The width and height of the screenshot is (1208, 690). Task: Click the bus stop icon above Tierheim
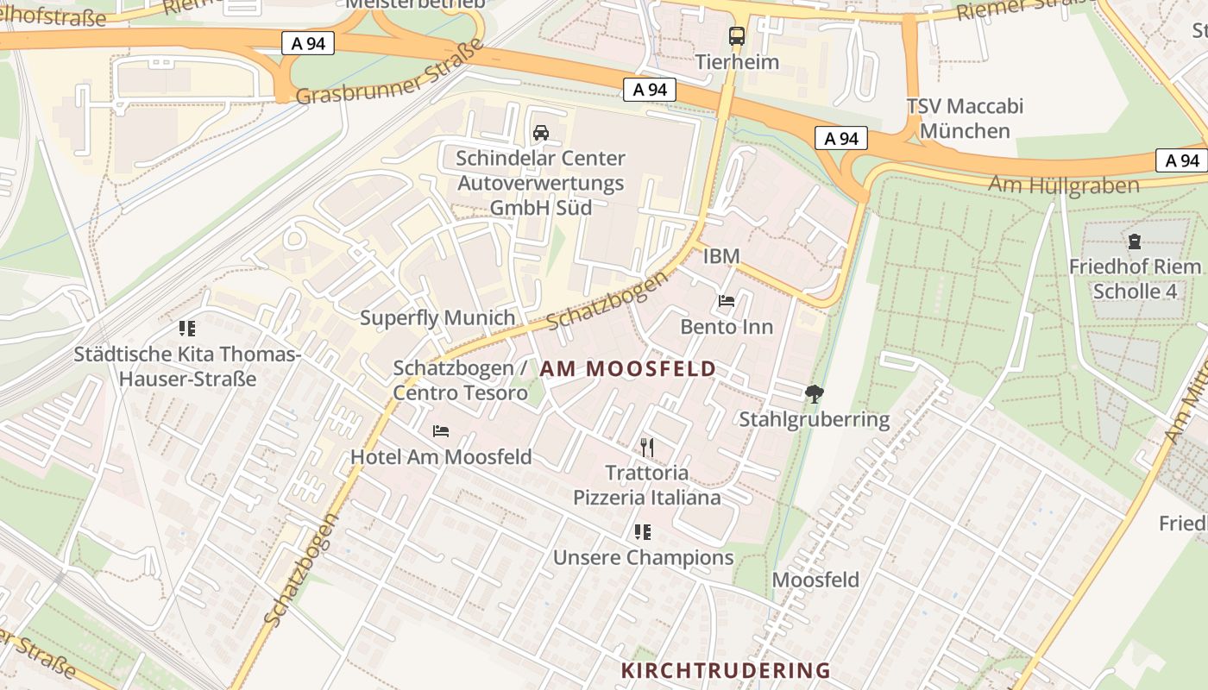pos(736,36)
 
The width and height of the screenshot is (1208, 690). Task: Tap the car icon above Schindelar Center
pos(541,132)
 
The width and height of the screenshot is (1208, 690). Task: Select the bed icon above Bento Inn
pos(727,301)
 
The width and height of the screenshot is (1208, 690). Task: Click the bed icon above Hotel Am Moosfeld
pos(441,430)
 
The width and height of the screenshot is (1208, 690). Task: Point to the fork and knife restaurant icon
pos(647,447)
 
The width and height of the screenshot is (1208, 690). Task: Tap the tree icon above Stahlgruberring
pos(814,394)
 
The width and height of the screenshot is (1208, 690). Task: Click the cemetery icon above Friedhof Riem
pos(1134,241)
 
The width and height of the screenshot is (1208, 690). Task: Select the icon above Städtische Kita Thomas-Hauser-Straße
pos(187,328)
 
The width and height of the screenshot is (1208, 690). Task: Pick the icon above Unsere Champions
pos(643,531)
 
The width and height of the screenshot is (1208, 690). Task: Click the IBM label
pos(721,256)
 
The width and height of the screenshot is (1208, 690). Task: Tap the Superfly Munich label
pos(437,317)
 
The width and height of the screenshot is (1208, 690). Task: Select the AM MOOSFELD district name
pos(628,369)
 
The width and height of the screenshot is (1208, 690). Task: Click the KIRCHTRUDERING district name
pos(726,670)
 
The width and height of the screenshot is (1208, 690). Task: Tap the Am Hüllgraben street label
pos(1063,185)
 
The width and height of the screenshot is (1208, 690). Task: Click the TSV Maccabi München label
pos(965,118)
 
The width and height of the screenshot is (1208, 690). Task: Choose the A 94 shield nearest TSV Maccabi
pos(840,138)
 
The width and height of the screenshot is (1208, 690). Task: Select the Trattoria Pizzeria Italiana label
pos(647,485)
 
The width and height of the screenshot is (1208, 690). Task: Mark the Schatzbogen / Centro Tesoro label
pos(460,380)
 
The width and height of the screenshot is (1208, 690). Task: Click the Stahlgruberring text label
pos(814,420)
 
